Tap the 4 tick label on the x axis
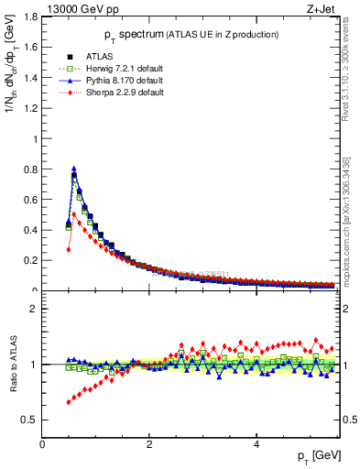tap(256, 444)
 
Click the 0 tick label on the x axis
tap(43, 444)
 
